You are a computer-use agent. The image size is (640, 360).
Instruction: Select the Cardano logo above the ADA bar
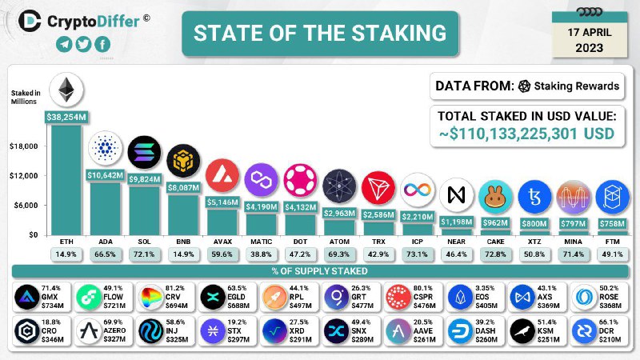(x=105, y=149)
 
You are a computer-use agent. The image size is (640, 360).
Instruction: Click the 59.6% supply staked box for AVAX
(x=222, y=254)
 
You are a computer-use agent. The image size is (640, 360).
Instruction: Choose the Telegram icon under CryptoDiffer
(x=64, y=44)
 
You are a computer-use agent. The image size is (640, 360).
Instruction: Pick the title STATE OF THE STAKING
(x=320, y=33)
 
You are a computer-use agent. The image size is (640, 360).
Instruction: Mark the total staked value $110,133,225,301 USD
(x=527, y=134)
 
